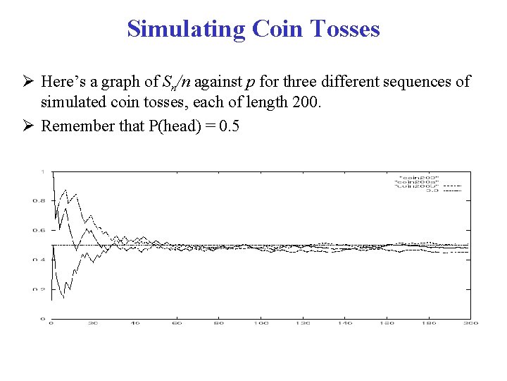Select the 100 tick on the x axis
click(262, 323)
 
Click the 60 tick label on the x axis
click(177, 323)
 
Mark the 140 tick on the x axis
click(345, 323)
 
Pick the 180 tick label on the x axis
click(429, 323)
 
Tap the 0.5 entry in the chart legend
click(432, 190)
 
